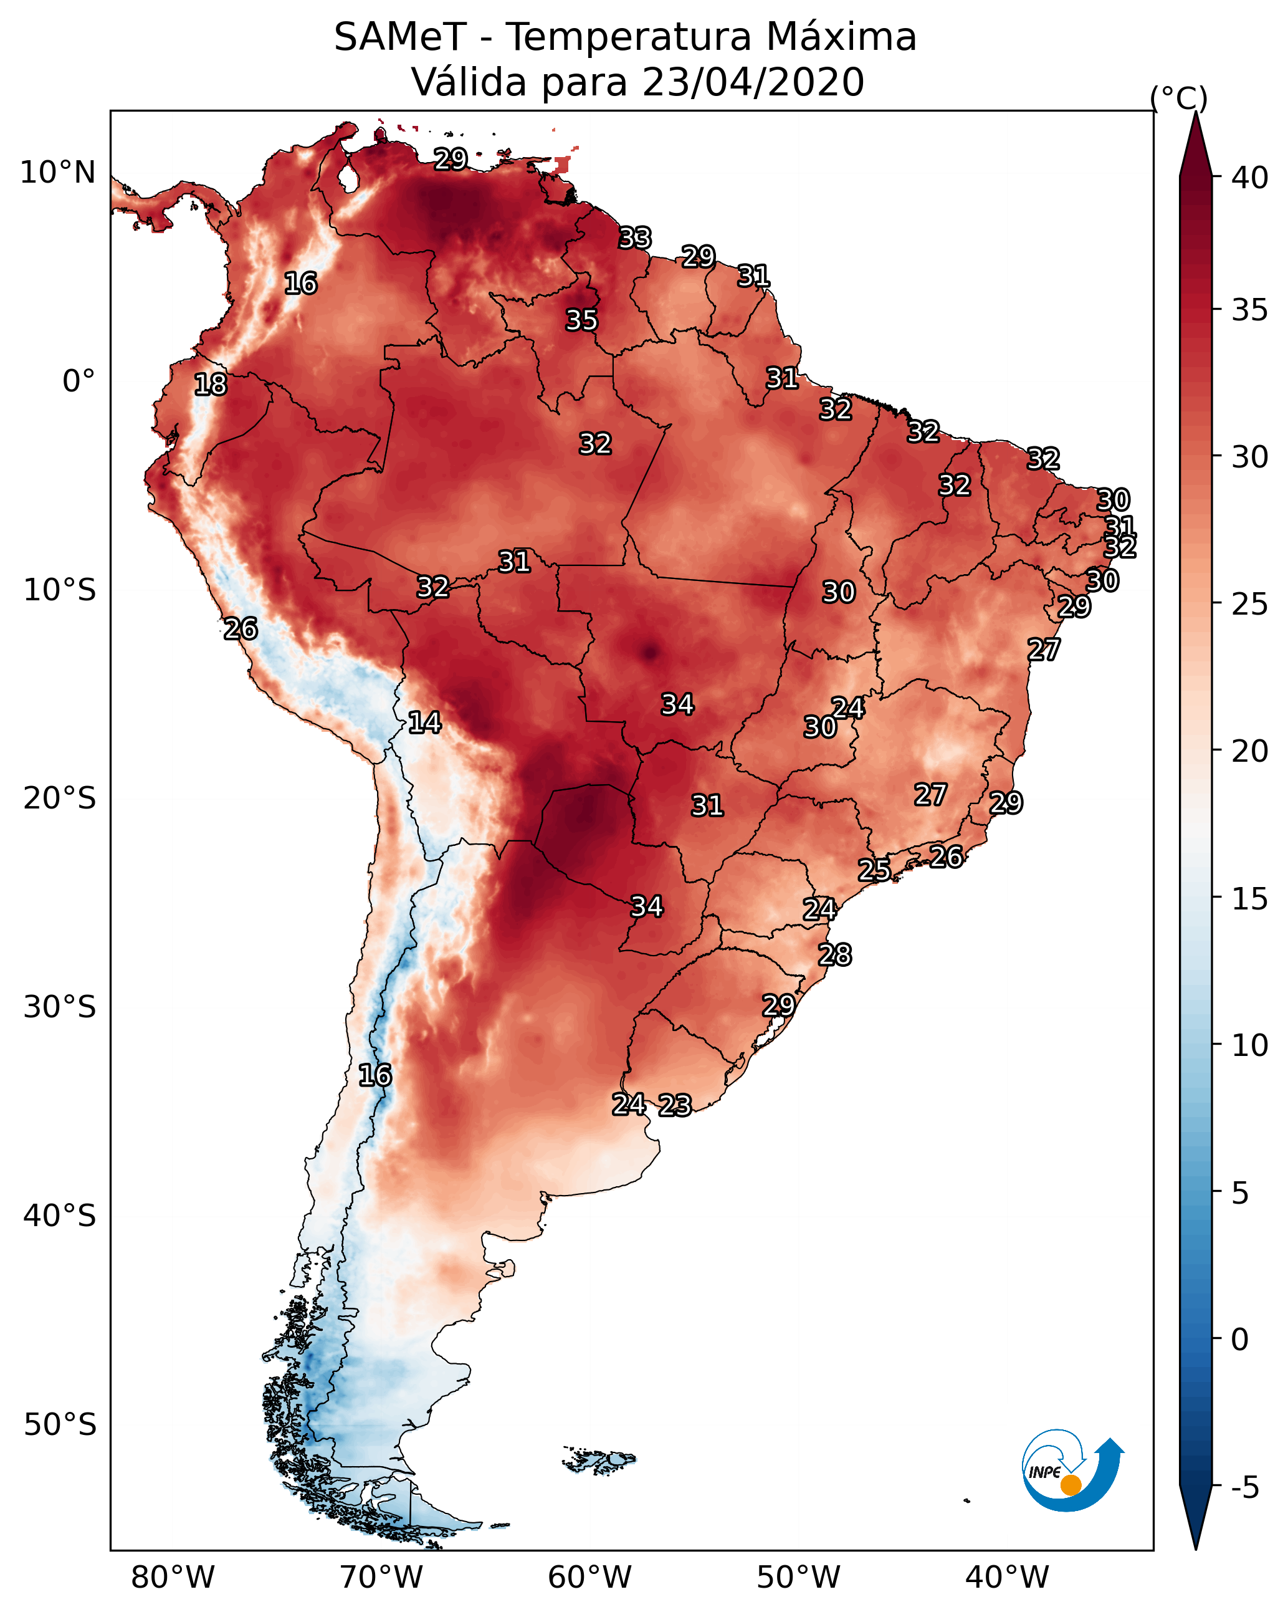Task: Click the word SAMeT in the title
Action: click(x=399, y=37)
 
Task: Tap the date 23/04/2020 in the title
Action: click(x=752, y=82)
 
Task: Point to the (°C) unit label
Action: click(x=1178, y=98)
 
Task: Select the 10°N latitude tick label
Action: click(x=57, y=173)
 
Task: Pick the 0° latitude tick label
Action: click(x=79, y=381)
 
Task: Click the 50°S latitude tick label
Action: click(x=60, y=1425)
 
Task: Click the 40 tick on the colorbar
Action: click(x=1250, y=178)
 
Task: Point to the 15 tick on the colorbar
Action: click(x=1250, y=899)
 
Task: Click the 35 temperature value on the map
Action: click(x=581, y=320)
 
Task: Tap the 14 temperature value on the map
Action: click(x=424, y=722)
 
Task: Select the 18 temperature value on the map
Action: click(x=211, y=385)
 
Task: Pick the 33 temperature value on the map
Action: click(x=636, y=237)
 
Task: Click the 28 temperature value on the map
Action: click(x=835, y=955)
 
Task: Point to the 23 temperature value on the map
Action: click(x=675, y=1105)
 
